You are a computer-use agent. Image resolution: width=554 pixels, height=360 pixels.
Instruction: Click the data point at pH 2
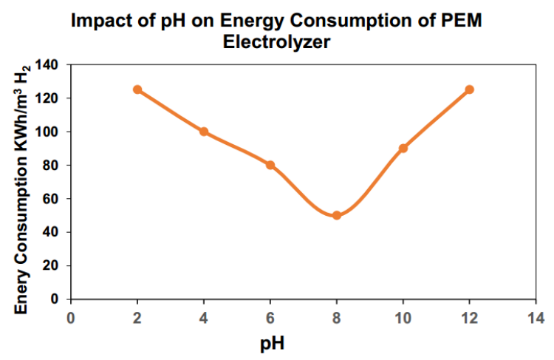pyautogui.click(x=137, y=89)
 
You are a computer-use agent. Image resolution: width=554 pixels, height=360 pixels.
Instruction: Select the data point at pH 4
pyautogui.click(x=204, y=132)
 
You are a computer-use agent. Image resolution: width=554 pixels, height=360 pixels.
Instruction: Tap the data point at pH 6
pyautogui.click(x=270, y=165)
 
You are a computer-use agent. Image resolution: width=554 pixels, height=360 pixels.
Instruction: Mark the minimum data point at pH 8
pyautogui.click(x=337, y=215)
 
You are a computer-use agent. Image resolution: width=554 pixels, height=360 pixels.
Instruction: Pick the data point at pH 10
pyautogui.click(x=403, y=148)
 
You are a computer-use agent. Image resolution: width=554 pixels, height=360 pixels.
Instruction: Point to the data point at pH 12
pyautogui.click(x=469, y=89)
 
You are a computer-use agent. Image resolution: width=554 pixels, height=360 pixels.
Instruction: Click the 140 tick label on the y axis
pyautogui.click(x=48, y=65)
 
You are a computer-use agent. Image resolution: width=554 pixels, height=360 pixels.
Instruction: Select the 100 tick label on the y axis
pyautogui.click(x=48, y=132)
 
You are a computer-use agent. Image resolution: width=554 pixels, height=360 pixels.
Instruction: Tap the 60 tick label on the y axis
pyautogui.click(x=52, y=199)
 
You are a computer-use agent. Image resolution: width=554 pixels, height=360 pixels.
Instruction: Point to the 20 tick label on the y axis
pyautogui.click(x=52, y=265)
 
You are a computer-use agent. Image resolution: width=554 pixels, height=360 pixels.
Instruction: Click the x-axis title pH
pyautogui.click(x=273, y=343)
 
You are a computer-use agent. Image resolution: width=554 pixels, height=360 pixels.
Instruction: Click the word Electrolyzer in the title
pyautogui.click(x=276, y=43)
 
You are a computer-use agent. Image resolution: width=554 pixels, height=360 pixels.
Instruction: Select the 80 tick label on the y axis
pyautogui.click(x=52, y=165)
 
